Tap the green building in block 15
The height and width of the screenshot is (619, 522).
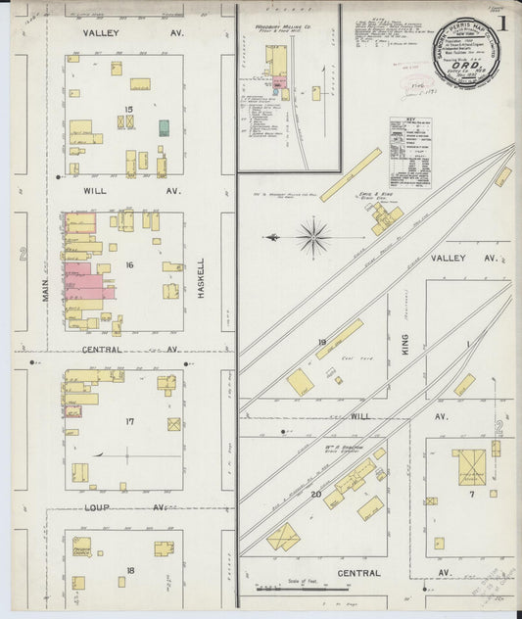[x=164, y=126]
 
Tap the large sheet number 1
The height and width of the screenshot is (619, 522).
[x=500, y=22]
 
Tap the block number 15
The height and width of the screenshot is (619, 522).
[x=127, y=108]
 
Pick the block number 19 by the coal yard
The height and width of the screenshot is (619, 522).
[x=319, y=342]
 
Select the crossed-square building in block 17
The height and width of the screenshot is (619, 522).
[x=173, y=424]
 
